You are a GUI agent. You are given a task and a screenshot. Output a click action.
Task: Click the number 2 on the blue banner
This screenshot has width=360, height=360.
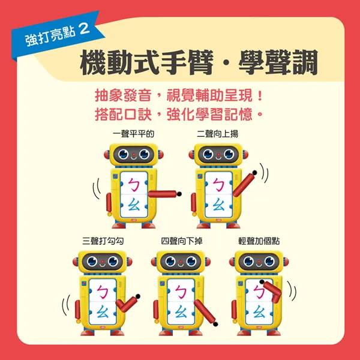(x=84, y=29)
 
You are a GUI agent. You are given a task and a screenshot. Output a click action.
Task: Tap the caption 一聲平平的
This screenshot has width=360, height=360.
(x=133, y=134)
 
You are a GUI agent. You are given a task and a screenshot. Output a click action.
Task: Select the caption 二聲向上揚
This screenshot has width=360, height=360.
(x=217, y=134)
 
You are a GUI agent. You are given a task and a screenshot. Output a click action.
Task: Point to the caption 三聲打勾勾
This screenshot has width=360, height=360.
(x=103, y=241)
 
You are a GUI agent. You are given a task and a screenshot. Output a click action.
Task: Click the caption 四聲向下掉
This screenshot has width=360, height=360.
(x=182, y=241)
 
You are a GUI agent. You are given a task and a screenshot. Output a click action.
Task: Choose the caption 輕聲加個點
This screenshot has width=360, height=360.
(x=259, y=241)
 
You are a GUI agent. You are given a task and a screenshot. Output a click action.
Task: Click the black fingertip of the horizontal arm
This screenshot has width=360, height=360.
(x=179, y=194)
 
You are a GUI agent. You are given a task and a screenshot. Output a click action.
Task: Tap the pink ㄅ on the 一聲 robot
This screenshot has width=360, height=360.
(x=134, y=185)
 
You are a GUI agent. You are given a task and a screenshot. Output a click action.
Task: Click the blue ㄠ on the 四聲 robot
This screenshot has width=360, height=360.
(x=181, y=311)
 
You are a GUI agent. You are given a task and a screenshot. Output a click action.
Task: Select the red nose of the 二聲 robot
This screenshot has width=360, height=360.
(x=218, y=154)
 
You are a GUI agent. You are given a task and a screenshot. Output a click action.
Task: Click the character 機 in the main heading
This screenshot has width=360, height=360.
(x=94, y=62)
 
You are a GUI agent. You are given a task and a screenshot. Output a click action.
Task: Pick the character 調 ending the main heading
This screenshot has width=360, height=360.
(x=304, y=62)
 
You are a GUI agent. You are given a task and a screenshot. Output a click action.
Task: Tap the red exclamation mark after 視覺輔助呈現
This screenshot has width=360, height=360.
(x=260, y=95)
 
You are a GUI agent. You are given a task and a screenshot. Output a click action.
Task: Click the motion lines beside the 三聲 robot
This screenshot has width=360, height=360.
(x=65, y=305)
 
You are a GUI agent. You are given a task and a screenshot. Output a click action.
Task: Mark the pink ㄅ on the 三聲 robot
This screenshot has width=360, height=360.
(x=103, y=292)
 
